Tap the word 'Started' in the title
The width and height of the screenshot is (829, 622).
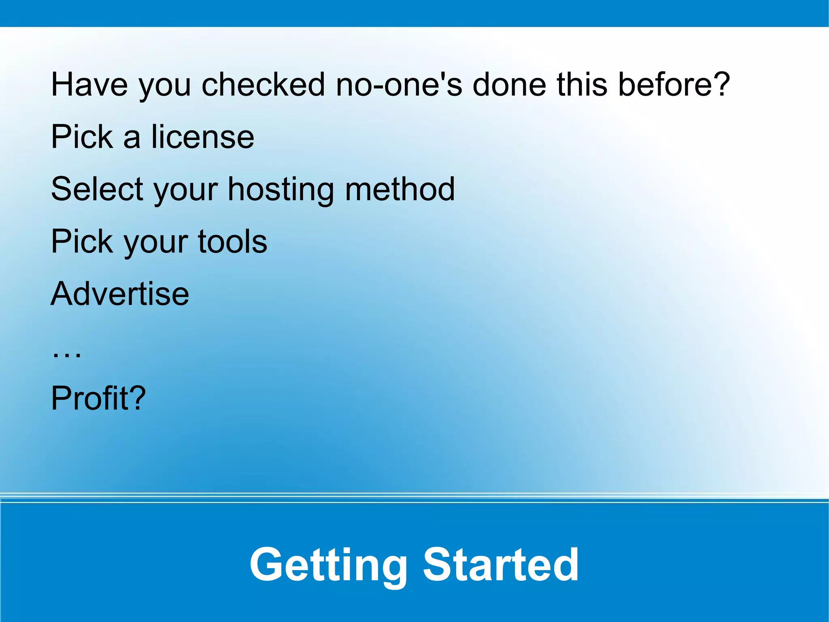point(501,564)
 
